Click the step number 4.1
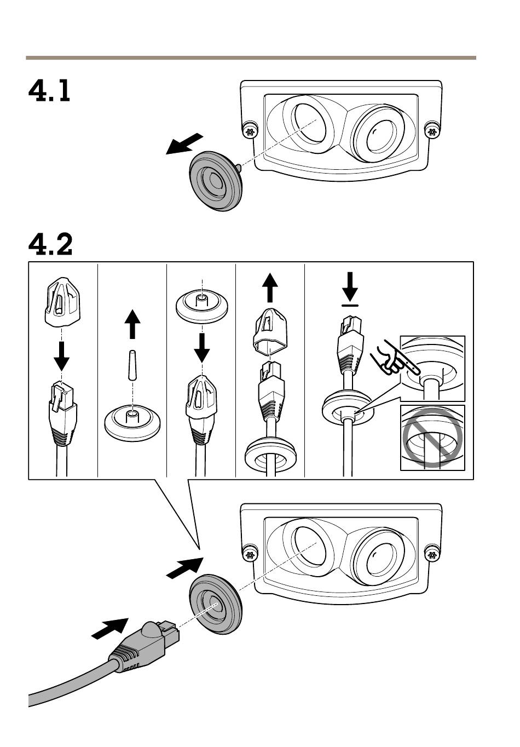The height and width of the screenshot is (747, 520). [x=49, y=91]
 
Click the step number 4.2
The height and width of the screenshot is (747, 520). [x=50, y=244]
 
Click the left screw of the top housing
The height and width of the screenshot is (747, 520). [x=250, y=131]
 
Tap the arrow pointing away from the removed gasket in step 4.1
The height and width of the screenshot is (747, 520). [x=184, y=145]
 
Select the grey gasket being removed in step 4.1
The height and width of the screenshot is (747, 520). [x=216, y=181]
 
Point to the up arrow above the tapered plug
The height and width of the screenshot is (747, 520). [x=132, y=324]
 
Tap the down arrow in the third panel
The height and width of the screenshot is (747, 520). [x=203, y=347]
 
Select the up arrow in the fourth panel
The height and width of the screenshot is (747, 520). [x=269, y=288]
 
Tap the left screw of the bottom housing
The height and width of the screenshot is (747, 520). [x=250, y=555]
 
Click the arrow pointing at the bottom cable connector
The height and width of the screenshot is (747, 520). [x=110, y=628]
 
